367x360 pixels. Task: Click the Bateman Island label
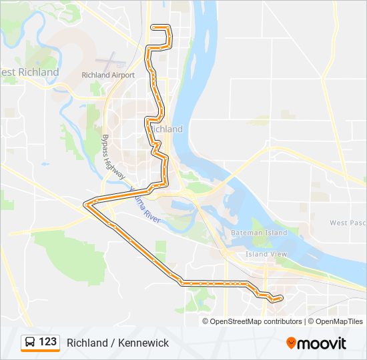pos(258,233)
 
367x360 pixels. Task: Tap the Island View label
pos(266,254)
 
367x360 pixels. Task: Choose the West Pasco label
pos(347,223)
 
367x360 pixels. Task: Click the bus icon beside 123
pos(30,342)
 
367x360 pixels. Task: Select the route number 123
pos(47,342)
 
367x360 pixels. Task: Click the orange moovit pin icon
pos(291,343)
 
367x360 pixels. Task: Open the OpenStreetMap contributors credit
pos(256,321)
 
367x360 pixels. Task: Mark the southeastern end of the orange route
pos(274,301)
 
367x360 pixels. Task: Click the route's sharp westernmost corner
pos(83,204)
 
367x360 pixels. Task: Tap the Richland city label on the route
pos(166,129)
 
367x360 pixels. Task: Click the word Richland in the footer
pos(87,343)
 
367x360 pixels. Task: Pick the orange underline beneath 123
pos(40,351)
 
